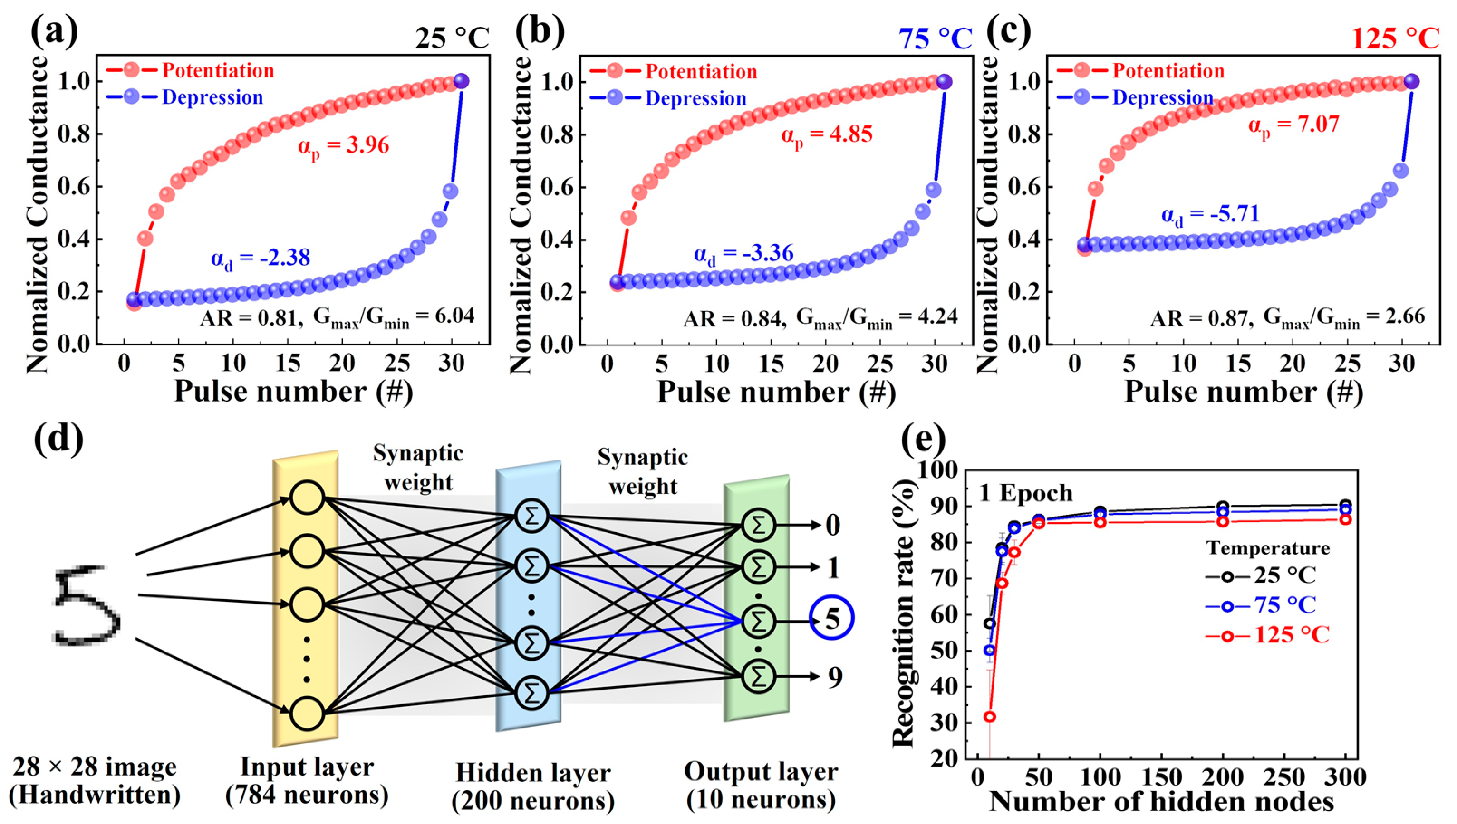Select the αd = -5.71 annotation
pos(1210,215)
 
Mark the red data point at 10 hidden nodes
pos(990,716)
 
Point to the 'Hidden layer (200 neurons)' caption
pos(533,787)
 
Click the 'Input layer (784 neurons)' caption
pos(307,781)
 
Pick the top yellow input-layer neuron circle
pos(307,498)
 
